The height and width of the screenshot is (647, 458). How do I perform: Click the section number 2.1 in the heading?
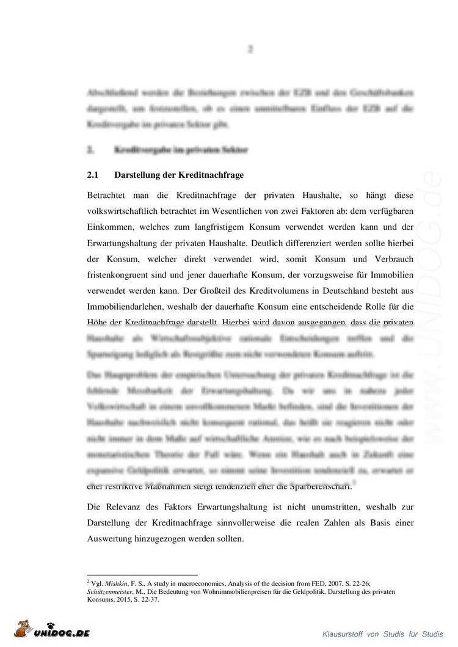tap(93, 175)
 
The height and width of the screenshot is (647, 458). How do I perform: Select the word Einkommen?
tap(110, 227)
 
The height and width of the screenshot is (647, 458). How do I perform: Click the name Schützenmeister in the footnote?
tap(111, 592)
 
